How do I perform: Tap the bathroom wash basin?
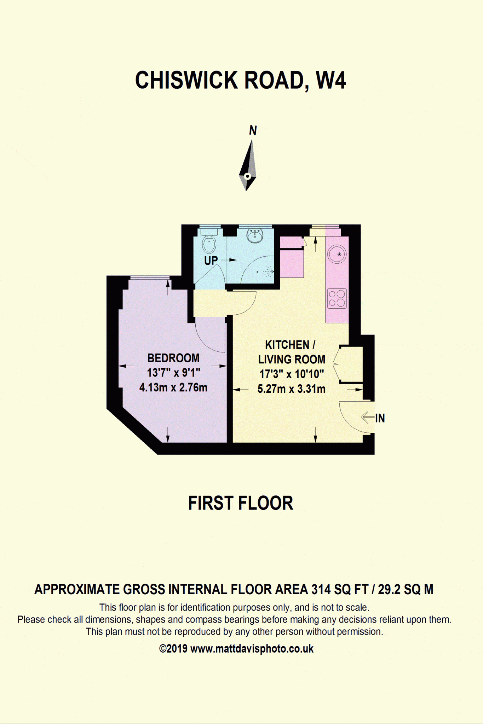point(255,235)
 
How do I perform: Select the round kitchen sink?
point(337,254)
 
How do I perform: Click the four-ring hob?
point(337,298)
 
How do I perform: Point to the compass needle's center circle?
point(248,176)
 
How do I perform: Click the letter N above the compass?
point(253,130)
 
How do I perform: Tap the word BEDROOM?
point(173,358)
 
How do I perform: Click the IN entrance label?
point(380,418)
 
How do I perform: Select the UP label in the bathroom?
point(211,261)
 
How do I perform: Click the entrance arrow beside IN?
point(368,417)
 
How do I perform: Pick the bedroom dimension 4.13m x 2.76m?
point(173,387)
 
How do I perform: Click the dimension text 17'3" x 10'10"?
point(292,374)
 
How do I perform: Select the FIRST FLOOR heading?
point(241,503)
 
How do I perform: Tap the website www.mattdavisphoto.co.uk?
point(252,649)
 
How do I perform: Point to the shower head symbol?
point(269,271)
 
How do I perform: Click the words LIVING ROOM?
point(292,360)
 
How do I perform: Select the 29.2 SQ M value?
point(406,590)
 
